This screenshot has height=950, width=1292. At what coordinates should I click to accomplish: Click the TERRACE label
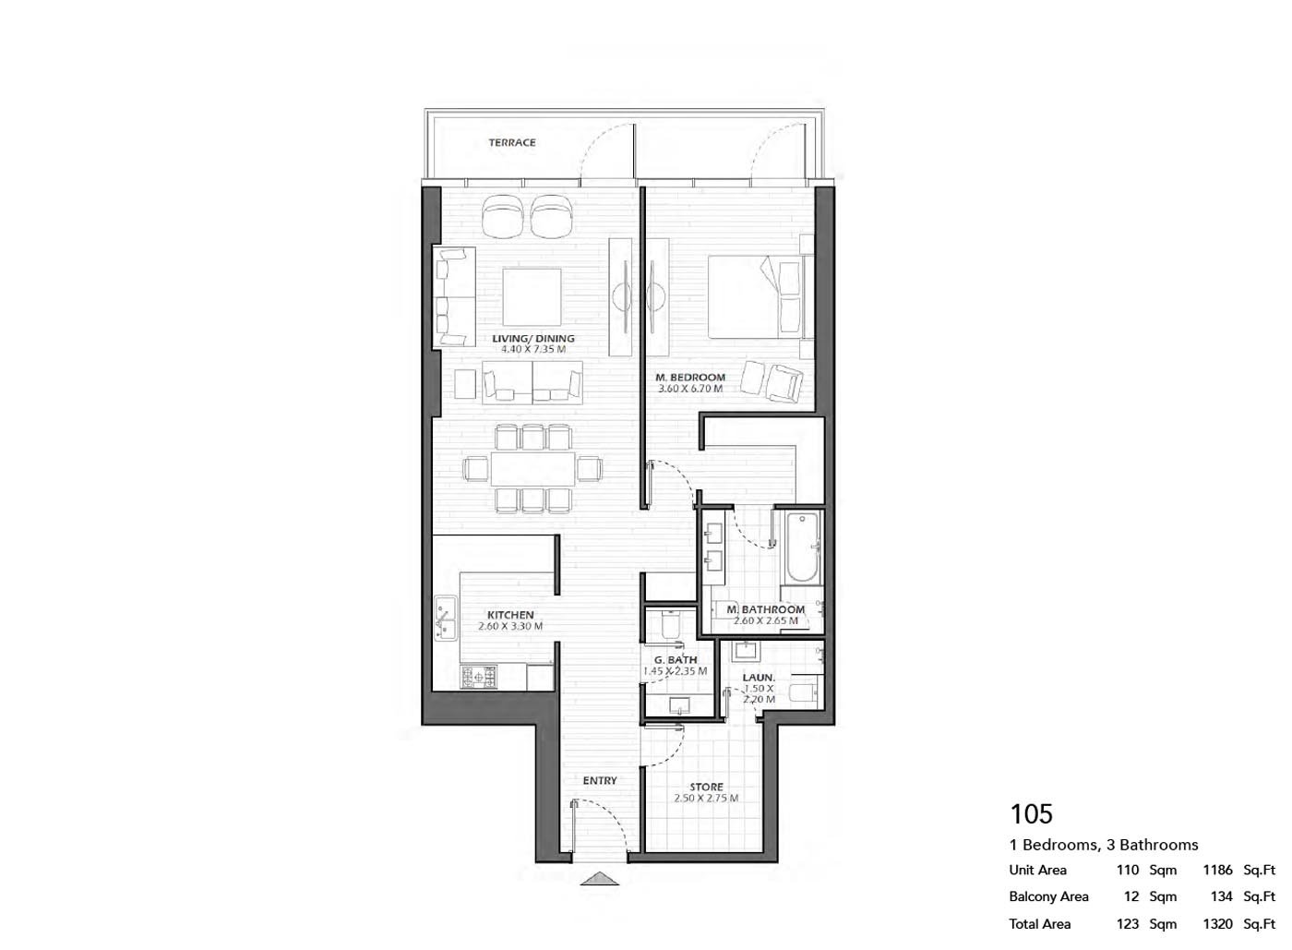[x=512, y=142]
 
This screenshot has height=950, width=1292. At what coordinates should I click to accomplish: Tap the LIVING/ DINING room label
[x=533, y=339]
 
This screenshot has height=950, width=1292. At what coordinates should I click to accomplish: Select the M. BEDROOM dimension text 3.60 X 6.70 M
[x=690, y=389]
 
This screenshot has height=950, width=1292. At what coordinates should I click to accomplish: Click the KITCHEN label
[x=510, y=615]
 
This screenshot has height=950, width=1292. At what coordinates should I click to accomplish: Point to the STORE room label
[x=707, y=788]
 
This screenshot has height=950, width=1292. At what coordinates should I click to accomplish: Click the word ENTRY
[x=600, y=780]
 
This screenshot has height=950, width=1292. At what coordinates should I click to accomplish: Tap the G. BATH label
[x=676, y=660]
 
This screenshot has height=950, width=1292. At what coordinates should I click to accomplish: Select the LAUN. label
[x=759, y=677]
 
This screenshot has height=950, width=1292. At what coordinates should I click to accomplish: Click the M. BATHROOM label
[x=765, y=609]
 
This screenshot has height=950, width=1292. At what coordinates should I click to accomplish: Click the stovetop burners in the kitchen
[x=478, y=676]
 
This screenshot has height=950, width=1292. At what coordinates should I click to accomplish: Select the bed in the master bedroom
[x=755, y=296]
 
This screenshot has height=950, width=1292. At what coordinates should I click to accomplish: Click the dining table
[x=533, y=469]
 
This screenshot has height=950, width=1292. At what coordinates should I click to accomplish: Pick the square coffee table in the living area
[x=532, y=297]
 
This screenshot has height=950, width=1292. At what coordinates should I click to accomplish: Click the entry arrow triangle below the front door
[x=600, y=878]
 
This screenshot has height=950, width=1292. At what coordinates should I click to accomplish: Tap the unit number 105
[x=1032, y=813]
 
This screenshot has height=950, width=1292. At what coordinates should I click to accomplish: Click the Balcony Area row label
[x=1048, y=896]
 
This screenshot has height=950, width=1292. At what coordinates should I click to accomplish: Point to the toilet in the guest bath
[x=671, y=624]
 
